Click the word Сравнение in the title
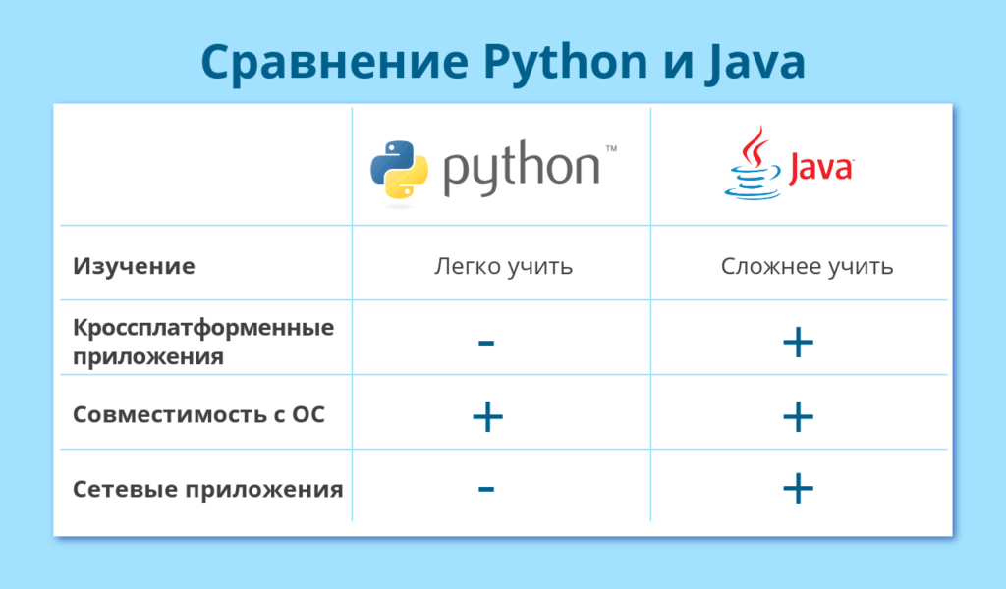tap(335, 63)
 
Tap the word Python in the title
tap(565, 63)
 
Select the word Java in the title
tap(754, 63)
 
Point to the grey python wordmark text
tap(522, 168)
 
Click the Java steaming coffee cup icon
tap(753, 163)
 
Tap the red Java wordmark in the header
tap(820, 169)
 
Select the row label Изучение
tap(134, 265)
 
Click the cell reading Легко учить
tap(503, 265)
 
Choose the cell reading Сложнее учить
tap(807, 265)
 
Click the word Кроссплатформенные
tap(203, 328)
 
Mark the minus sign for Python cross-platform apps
tap(486, 343)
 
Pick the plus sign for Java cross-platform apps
tap(798, 343)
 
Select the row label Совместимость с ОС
tap(198, 414)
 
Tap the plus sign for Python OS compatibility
tap(487, 416)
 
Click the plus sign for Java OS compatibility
tap(798, 416)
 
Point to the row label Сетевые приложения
tap(208, 489)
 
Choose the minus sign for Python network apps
tap(486, 489)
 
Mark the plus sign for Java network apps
tap(798, 489)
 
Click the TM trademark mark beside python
tap(611, 148)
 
